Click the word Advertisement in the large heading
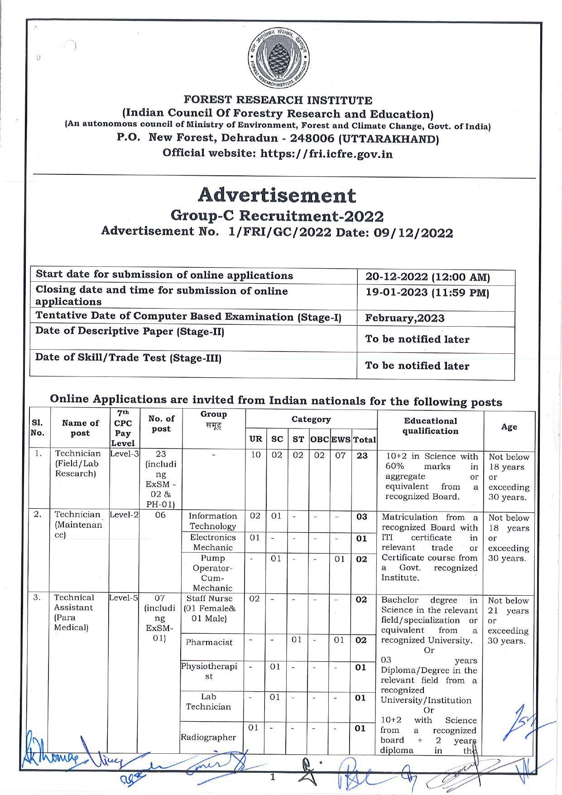(x=277, y=195)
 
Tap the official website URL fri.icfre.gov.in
(x=326, y=154)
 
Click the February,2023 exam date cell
(x=405, y=318)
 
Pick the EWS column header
(x=341, y=439)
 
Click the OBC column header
(x=319, y=439)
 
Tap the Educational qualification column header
(x=430, y=426)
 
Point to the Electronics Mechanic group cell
(x=212, y=542)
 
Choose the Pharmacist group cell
(x=209, y=642)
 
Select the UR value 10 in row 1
(x=255, y=455)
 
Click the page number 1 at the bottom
(x=273, y=777)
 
